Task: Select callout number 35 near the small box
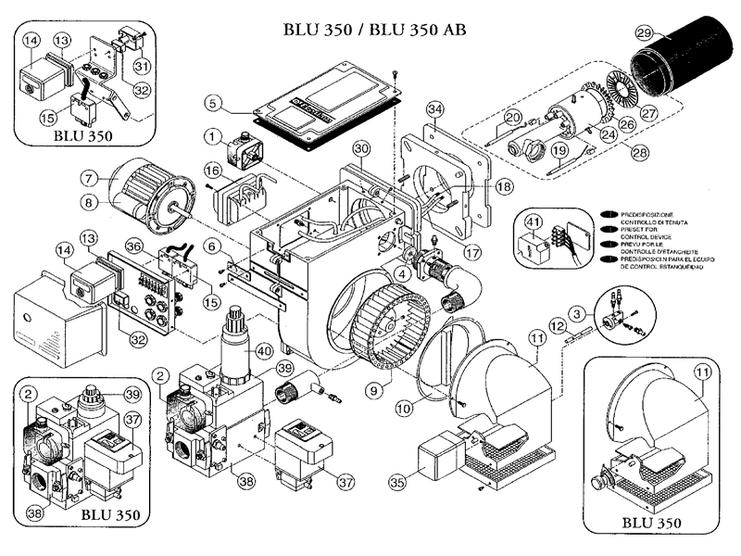click(x=398, y=482)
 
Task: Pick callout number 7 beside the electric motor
click(x=89, y=176)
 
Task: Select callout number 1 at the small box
click(x=213, y=137)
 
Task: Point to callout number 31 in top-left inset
click(x=142, y=66)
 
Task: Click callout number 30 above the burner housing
click(x=361, y=148)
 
